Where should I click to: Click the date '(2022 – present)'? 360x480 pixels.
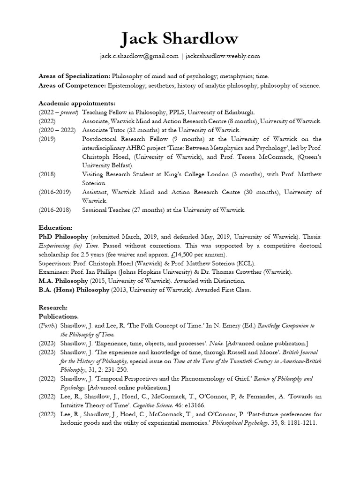click(58, 112)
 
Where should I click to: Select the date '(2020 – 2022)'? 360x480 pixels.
click(57, 130)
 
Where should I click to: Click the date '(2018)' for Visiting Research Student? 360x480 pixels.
click(48, 174)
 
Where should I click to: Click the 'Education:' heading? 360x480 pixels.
click(55, 227)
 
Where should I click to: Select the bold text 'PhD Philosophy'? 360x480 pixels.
click(63, 237)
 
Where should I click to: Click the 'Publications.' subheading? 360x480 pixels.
click(59, 316)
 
